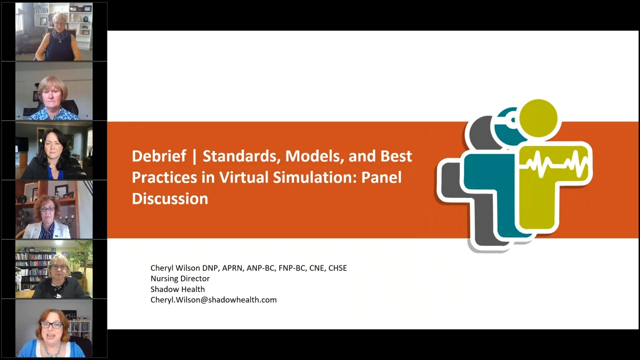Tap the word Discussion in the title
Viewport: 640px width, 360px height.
[169, 198]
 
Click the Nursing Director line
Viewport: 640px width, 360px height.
[180, 278]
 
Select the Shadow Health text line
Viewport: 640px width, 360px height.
[177, 289]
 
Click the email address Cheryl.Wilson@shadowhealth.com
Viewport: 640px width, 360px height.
[213, 299]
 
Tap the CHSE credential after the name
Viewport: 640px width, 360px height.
[337, 268]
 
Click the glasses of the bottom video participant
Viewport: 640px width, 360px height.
[51, 324]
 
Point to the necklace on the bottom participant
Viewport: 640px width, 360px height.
[52, 348]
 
